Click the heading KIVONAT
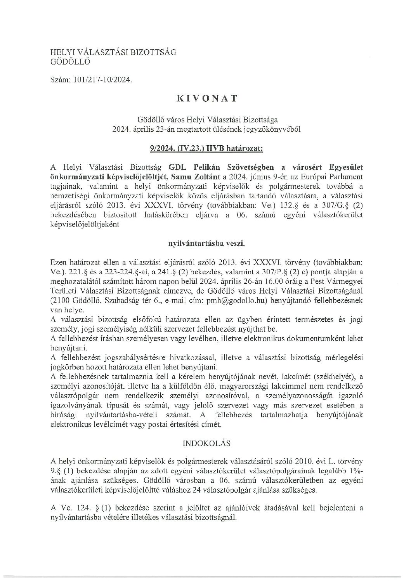pyautogui.click(x=207, y=98)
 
